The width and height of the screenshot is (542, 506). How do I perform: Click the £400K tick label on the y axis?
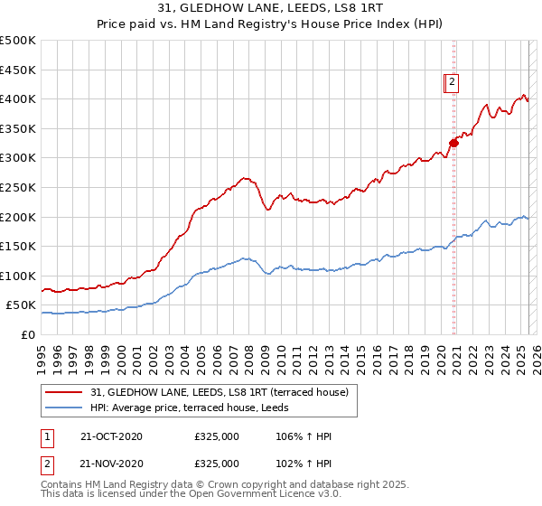[x=18, y=98]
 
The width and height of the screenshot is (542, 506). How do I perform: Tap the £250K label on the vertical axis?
[x=18, y=187]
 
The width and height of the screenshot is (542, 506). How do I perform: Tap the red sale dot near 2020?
[x=454, y=142]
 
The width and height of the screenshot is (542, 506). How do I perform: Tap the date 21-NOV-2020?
[x=111, y=463]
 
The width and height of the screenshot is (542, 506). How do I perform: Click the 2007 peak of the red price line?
[x=243, y=178]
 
